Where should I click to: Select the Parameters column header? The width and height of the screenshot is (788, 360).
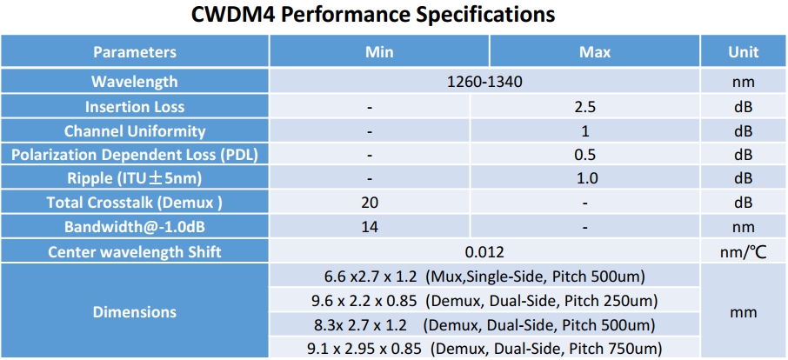coord(135,52)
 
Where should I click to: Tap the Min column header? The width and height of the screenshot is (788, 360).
coord(379,52)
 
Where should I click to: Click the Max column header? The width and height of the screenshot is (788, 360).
coord(595,52)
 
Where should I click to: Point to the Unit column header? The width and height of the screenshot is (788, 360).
coord(743,52)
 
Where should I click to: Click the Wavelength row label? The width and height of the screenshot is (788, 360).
coord(135,83)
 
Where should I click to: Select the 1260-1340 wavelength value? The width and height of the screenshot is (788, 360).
coord(484,83)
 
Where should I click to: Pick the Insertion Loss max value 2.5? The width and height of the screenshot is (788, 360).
coord(584,107)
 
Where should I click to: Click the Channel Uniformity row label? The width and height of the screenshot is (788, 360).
coord(135,131)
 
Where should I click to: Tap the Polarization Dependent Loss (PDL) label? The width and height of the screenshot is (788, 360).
coord(135,156)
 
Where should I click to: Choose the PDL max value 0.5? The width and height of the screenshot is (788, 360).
coord(584,156)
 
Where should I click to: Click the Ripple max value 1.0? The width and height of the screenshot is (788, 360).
coord(584,179)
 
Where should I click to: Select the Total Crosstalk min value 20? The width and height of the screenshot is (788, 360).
coord(371,203)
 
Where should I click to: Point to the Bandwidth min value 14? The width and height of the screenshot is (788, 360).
coord(371,228)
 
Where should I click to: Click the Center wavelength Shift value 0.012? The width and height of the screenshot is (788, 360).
coord(484,252)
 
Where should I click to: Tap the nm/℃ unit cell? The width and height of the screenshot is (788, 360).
coord(743,252)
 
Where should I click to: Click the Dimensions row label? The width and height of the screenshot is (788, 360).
coord(135,311)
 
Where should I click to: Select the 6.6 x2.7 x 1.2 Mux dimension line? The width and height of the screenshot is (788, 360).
coord(484,277)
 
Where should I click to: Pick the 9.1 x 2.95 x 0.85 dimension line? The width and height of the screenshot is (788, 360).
coord(484,349)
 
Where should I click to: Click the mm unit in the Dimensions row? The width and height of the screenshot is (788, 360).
coord(743,311)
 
